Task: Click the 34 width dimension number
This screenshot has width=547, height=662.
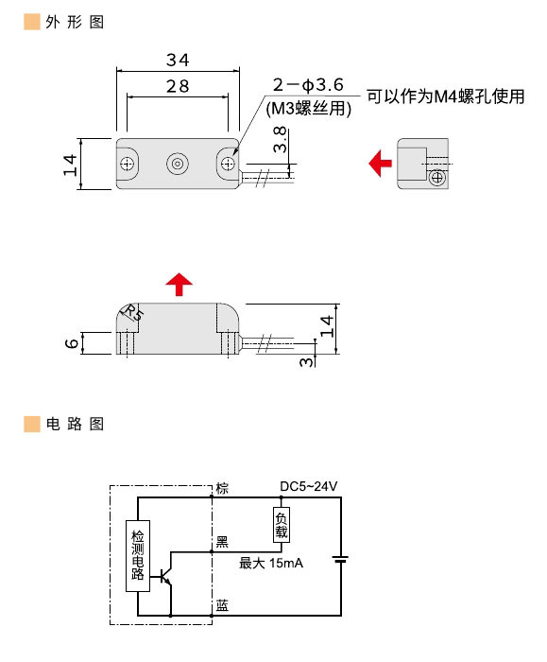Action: point(177,61)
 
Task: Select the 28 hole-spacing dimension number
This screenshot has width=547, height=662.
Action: point(177,86)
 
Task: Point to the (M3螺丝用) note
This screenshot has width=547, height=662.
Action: point(309,109)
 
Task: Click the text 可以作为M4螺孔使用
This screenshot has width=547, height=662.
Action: point(444,96)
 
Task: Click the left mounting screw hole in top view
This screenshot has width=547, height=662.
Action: point(127,165)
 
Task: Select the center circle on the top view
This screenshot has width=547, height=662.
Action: point(177,165)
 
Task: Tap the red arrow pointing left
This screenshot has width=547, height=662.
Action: point(380,164)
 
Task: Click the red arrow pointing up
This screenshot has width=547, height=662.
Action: point(178,283)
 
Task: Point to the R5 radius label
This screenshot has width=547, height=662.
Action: point(132,313)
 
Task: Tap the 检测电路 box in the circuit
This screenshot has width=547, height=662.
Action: point(138,554)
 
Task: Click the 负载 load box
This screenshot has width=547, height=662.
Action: point(281,525)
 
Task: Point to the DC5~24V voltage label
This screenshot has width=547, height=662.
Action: point(308,486)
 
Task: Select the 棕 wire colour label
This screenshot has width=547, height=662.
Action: point(222,488)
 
